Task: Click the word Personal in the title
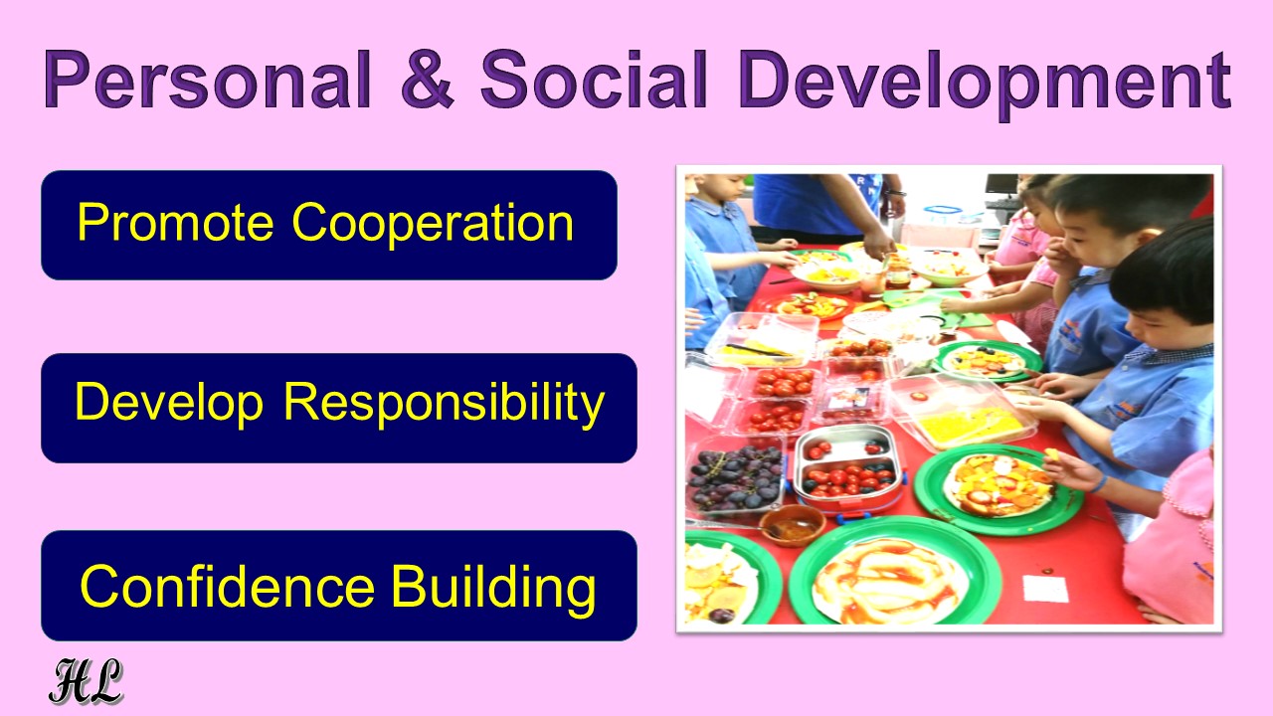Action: [x=208, y=81]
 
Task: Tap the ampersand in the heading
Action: [x=428, y=79]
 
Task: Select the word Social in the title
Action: [x=594, y=79]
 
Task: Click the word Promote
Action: [x=175, y=222]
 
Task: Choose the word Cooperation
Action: [x=433, y=224]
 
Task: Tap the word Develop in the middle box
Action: [x=169, y=404]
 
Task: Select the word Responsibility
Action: [x=444, y=404]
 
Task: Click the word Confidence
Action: [x=228, y=586]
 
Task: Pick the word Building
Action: [x=493, y=589]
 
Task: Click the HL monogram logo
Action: [x=86, y=681]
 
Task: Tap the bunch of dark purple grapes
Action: [x=734, y=478]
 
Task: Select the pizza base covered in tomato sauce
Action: [x=888, y=581]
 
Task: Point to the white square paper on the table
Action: [x=1045, y=588]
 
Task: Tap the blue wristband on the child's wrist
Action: [x=1101, y=483]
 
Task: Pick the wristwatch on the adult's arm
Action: [x=894, y=193]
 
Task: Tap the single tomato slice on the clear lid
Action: [x=917, y=396]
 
